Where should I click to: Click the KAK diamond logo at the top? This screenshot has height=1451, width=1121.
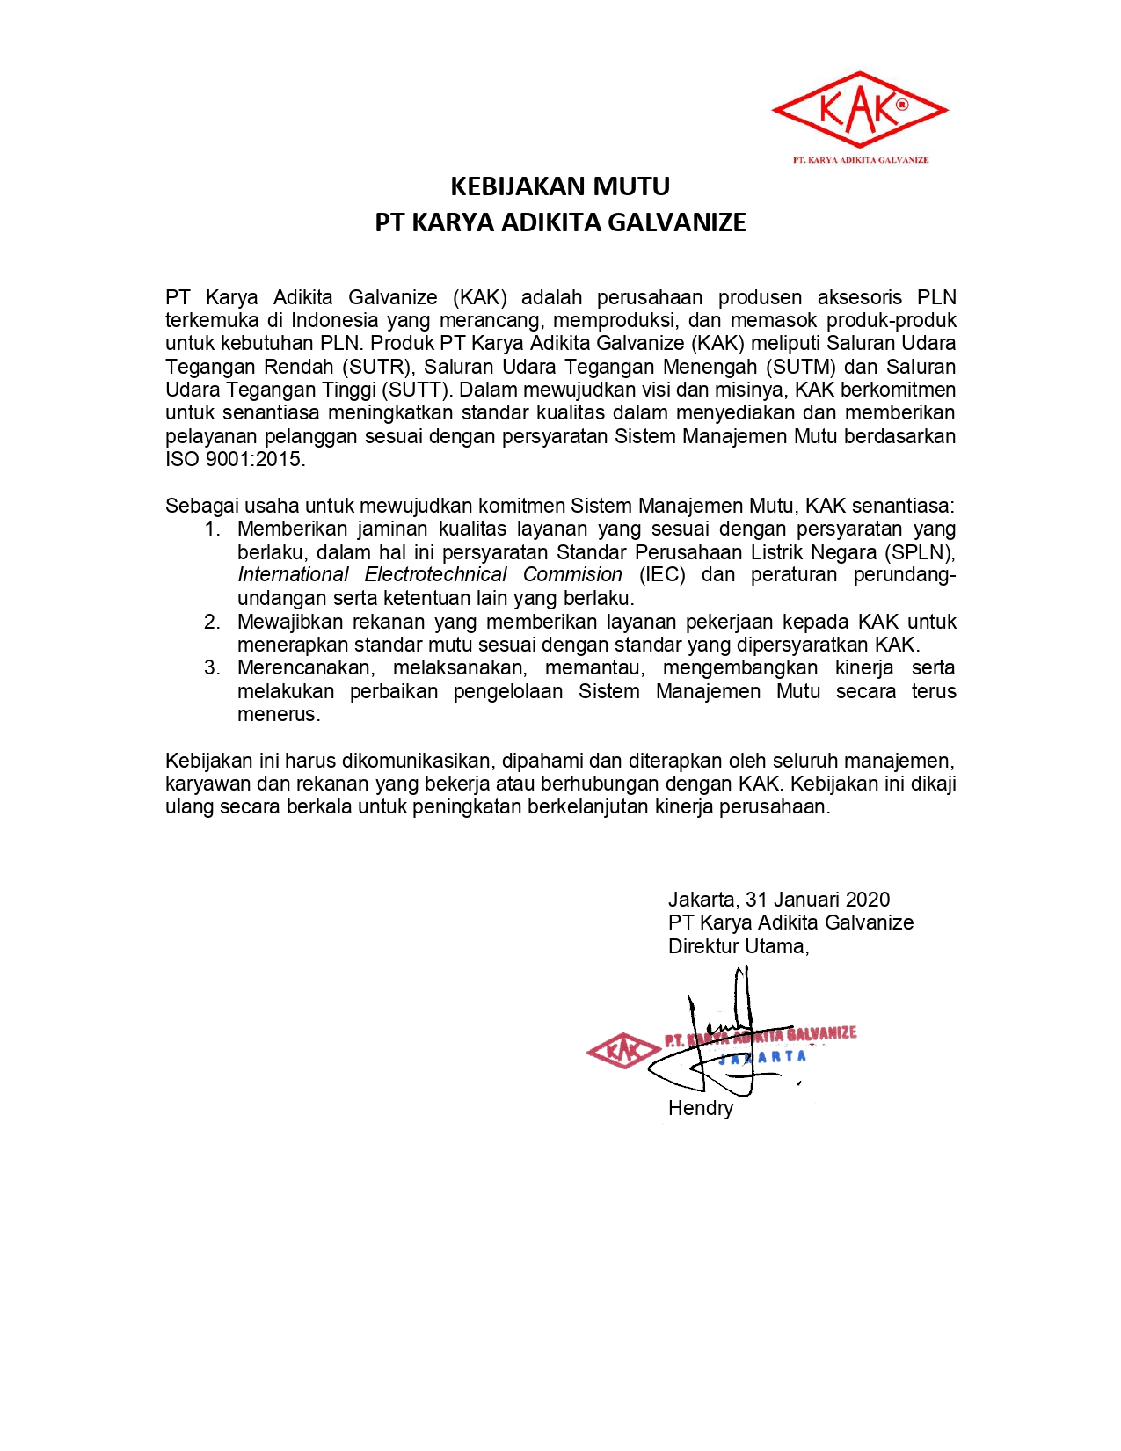click(859, 110)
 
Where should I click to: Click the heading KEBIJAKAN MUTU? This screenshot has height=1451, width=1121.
click(560, 186)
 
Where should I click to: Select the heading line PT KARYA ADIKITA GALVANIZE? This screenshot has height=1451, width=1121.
click(560, 222)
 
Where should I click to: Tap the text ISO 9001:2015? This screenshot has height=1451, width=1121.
click(234, 459)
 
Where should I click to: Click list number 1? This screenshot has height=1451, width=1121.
click(212, 529)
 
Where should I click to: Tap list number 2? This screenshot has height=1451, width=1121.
click(212, 622)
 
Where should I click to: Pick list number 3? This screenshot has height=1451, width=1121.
click(212, 667)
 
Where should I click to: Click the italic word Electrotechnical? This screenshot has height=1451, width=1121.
click(435, 575)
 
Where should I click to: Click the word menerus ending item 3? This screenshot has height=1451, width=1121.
click(278, 714)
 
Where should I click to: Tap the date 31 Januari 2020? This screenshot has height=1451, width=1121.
click(817, 900)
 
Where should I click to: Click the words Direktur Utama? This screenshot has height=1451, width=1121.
click(737, 946)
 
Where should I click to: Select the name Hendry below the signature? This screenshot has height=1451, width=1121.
click(700, 1108)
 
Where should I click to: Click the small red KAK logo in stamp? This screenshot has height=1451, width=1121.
click(623, 1050)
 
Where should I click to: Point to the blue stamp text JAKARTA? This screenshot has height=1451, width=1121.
click(762, 1057)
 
